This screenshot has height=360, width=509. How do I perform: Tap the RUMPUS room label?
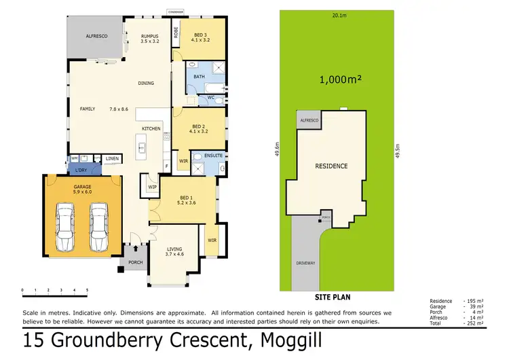149,36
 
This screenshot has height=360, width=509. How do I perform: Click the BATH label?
199,77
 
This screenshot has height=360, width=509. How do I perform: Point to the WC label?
211,97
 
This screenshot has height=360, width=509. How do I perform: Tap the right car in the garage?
99,223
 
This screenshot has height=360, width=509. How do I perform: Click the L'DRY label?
81,170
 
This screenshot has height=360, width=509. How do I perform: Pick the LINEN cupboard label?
112,159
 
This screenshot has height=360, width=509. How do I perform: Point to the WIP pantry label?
152,186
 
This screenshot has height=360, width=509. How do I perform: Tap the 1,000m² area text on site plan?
340,79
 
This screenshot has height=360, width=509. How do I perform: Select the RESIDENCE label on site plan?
331,166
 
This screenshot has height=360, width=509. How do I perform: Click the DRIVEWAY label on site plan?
305,263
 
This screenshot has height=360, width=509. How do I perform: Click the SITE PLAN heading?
333,297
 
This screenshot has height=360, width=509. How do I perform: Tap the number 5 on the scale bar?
87,290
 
